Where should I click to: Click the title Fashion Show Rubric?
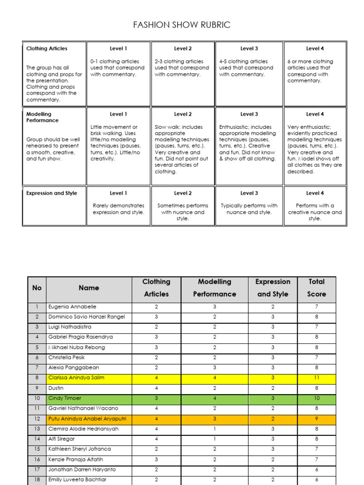(182, 25)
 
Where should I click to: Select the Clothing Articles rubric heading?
(47, 48)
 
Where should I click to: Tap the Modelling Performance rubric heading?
(42, 117)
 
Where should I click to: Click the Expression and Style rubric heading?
(52, 193)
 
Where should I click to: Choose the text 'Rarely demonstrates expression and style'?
(118, 209)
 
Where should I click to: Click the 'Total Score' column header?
(316, 287)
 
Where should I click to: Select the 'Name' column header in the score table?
(89, 288)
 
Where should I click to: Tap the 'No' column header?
(37, 288)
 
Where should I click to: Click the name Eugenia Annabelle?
(72, 307)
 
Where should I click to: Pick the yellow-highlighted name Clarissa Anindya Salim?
(76, 378)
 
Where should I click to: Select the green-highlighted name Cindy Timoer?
(64, 398)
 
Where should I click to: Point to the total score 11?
(316, 378)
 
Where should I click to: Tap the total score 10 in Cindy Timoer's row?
(316, 398)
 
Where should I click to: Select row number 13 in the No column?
(37, 429)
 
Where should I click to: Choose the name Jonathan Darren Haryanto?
(82, 470)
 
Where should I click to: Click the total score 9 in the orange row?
(316, 419)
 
